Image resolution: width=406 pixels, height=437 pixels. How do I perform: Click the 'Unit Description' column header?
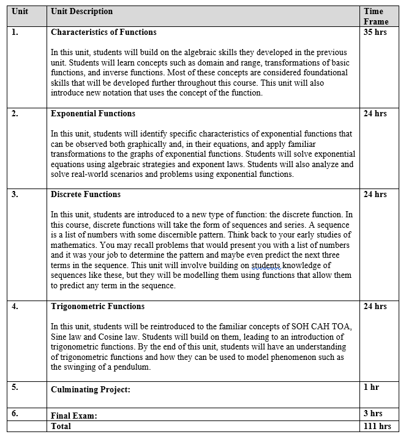point(81,12)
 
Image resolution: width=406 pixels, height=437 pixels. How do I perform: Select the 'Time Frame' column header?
point(374,17)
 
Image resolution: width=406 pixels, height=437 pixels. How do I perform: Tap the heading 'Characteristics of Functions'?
point(103,32)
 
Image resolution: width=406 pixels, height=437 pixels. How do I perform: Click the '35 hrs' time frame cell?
point(375,32)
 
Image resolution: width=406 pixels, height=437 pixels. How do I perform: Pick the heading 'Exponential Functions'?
point(93,114)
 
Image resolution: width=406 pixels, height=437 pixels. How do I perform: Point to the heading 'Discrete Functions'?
point(86,195)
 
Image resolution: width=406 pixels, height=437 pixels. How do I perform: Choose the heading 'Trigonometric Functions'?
point(97,307)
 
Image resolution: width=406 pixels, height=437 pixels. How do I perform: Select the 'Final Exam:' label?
point(74,416)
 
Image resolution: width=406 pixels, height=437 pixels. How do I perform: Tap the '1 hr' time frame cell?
point(372,387)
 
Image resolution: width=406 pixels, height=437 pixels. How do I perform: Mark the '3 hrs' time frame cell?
point(373,414)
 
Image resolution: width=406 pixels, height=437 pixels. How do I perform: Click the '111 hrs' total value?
point(377,427)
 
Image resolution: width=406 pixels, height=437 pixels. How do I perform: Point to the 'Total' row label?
point(61,427)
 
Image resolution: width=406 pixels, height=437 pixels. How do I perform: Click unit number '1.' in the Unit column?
point(15,32)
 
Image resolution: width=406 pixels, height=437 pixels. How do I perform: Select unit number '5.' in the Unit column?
point(15,387)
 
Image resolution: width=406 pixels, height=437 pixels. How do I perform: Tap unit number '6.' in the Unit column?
point(15,414)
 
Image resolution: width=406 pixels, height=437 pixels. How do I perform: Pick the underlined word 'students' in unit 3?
point(267,266)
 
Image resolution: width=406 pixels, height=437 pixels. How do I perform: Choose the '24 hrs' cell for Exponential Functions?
point(375,114)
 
